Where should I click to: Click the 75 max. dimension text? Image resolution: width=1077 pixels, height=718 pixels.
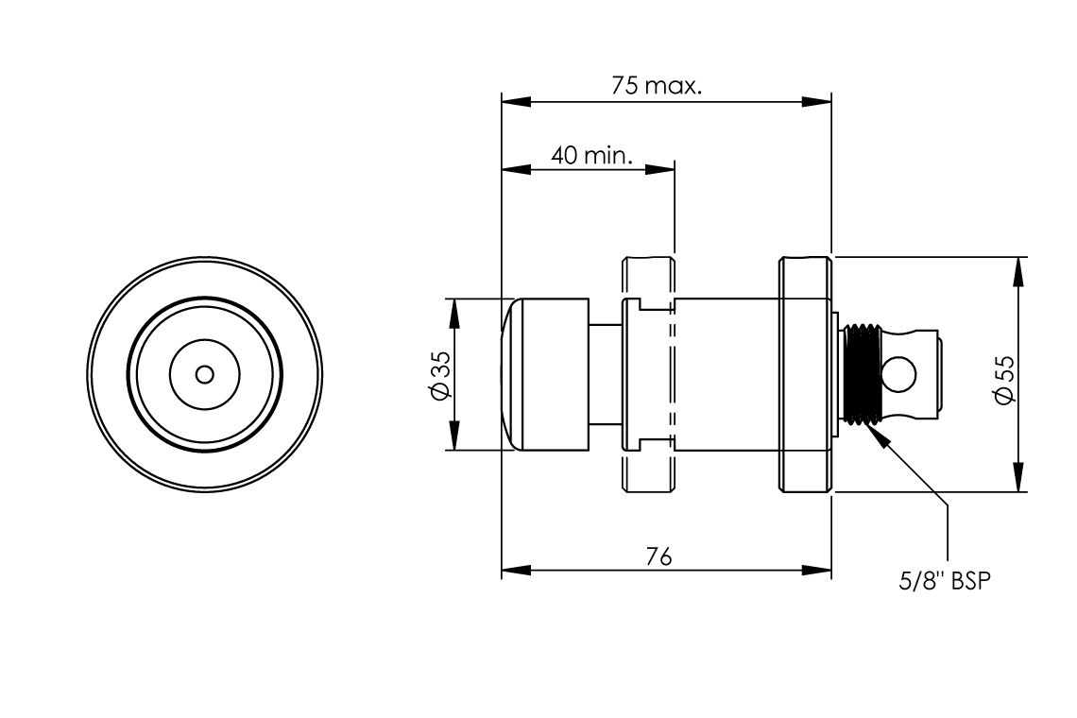click(x=657, y=86)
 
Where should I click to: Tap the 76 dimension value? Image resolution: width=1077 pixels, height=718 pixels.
click(x=658, y=557)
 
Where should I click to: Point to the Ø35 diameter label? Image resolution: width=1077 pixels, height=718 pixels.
click(x=440, y=376)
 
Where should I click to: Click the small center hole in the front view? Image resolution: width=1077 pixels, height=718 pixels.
click(x=204, y=375)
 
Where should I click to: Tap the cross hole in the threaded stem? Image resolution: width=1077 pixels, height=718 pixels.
click(x=901, y=373)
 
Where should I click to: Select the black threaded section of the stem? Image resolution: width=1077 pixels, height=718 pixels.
click(x=861, y=374)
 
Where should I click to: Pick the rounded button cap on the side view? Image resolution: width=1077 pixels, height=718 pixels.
click(x=543, y=374)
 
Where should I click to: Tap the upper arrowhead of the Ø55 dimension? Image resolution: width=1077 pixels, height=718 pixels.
click(x=1017, y=269)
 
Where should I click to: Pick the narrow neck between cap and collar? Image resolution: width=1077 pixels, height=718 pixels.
click(x=604, y=374)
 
